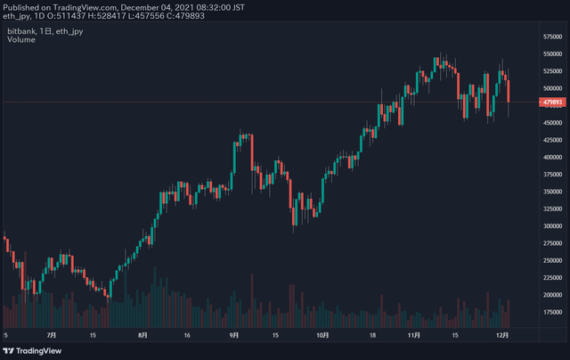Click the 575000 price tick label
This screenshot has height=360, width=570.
coord(552,37)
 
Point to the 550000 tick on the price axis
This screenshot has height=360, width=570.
coord(552,53)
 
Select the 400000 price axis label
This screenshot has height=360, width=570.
coord(552,157)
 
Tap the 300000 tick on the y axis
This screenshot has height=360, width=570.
coord(552,225)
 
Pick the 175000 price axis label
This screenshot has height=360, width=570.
coord(552,312)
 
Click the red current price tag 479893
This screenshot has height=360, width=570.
coord(552,102)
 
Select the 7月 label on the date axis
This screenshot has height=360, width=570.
coord(52,335)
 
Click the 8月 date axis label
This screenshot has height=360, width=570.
coord(142,335)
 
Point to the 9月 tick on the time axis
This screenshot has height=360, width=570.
coord(234,335)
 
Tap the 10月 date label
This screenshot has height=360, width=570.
coord(322,335)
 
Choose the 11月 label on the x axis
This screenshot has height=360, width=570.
coord(413,335)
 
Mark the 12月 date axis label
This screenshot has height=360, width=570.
coord(502,335)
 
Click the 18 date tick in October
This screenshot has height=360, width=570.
coord(372,335)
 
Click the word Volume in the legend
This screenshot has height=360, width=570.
coord(21,39)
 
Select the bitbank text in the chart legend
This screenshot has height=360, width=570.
coord(21,31)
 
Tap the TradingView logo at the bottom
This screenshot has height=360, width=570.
coord(32,351)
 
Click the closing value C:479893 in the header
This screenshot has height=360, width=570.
coord(185,16)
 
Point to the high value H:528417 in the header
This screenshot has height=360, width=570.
coord(107,16)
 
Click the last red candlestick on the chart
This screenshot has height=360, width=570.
coord(509,91)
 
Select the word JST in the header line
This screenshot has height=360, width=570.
coord(238,7)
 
